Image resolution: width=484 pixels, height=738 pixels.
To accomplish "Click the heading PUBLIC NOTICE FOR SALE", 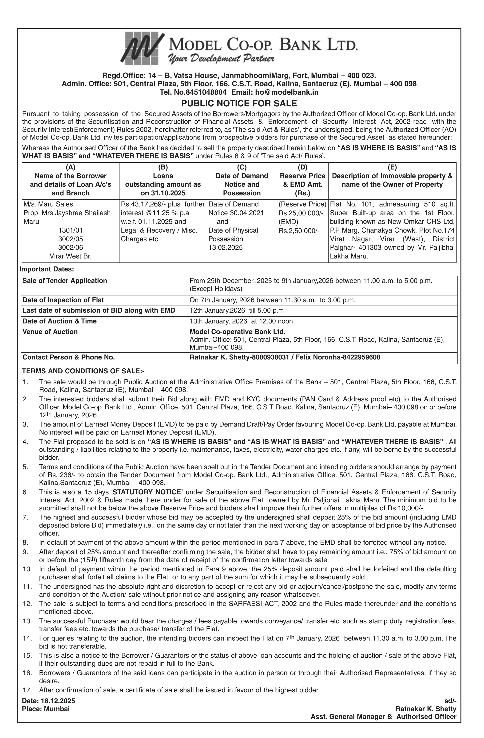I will pos(239,103).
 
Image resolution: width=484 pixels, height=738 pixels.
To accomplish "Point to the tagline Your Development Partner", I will pos(221,58).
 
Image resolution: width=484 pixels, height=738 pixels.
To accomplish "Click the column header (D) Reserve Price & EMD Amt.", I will pos(302,180).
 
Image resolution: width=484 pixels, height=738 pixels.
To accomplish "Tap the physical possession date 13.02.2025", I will pos(226,248).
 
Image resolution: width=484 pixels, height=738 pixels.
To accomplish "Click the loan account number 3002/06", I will pos(70,248).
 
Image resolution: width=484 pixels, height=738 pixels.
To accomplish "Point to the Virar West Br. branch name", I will pos(70,256).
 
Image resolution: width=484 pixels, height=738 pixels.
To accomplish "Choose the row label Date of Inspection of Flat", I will pos(63,300).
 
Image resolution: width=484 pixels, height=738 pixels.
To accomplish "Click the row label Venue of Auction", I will pos(50,332).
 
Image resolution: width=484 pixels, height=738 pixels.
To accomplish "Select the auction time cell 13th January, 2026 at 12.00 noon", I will pos(241,321).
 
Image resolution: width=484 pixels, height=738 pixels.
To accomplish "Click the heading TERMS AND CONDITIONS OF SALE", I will pos(83,371).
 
